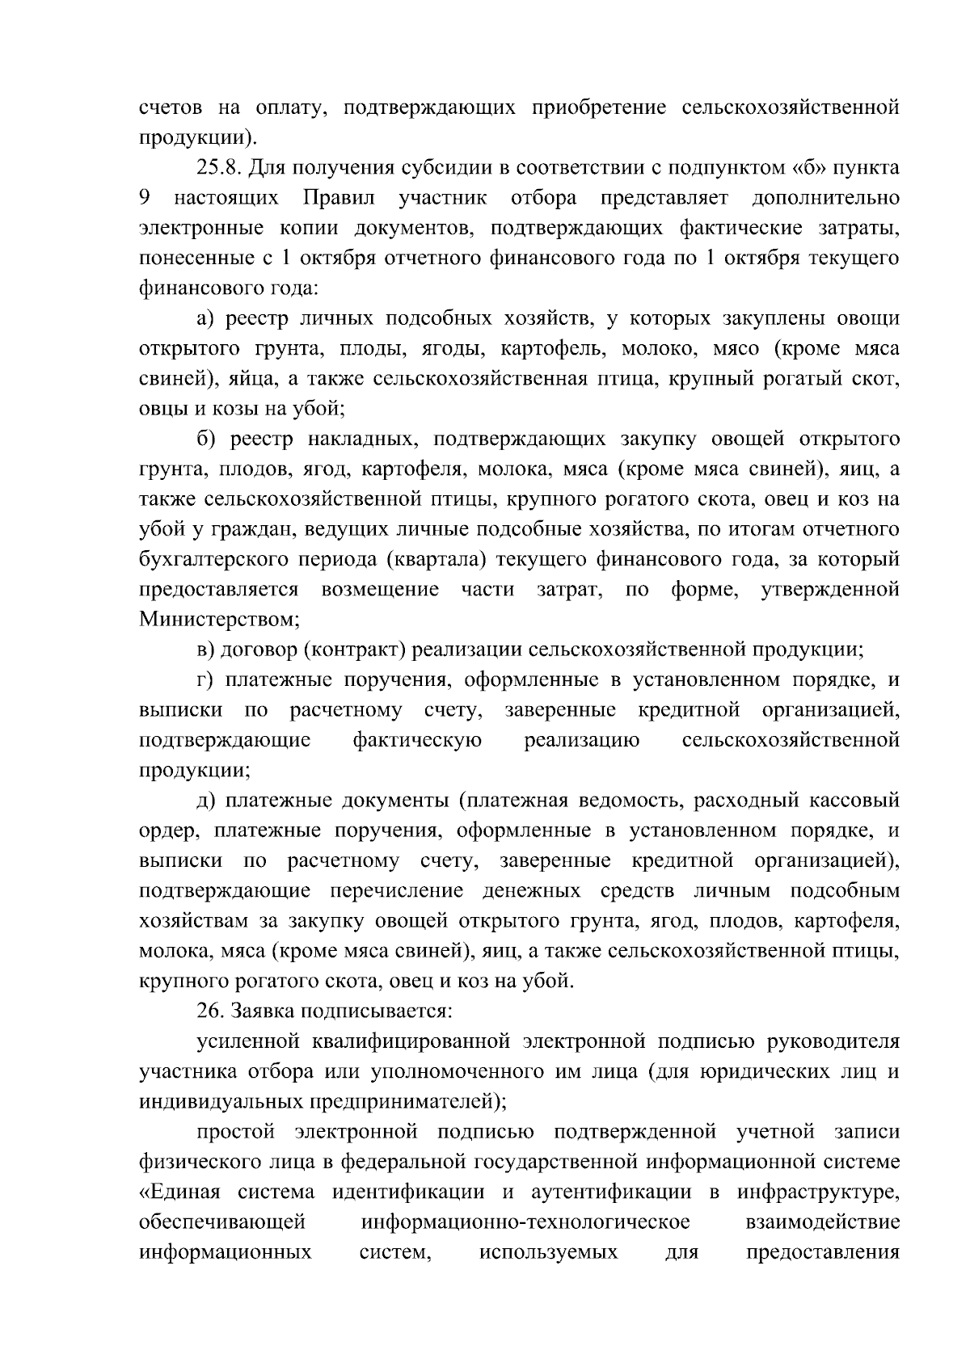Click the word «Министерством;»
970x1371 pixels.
(x=219, y=620)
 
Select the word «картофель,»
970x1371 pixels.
(x=552, y=349)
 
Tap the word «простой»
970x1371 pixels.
(x=236, y=1132)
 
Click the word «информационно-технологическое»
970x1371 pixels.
(x=525, y=1222)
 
